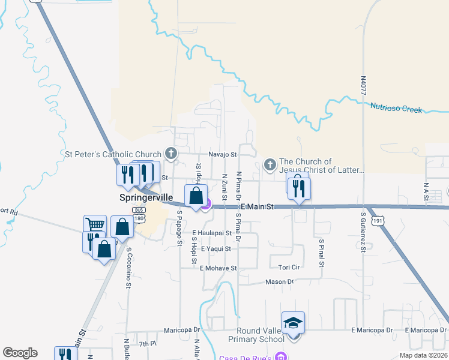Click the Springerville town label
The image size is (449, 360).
145,197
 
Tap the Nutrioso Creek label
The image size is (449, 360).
396,109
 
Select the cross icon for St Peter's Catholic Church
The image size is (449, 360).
171,154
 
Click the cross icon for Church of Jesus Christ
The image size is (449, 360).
270,164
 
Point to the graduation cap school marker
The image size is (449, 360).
293,323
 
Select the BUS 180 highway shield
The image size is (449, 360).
139,213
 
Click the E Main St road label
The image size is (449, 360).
257,206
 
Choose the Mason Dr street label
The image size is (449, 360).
279,281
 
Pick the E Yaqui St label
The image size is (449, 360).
216,248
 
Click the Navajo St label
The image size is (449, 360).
220,154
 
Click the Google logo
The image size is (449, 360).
20,353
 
